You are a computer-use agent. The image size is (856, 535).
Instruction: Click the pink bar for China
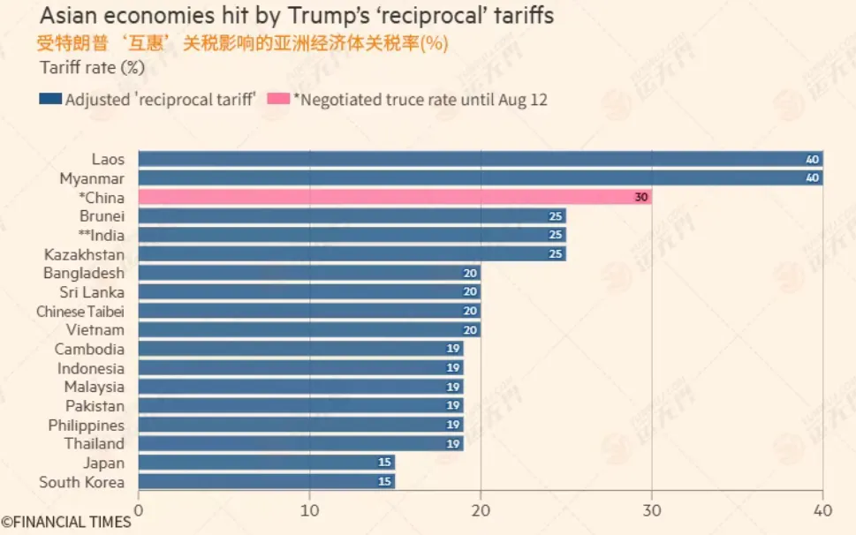pyautogui.click(x=395, y=197)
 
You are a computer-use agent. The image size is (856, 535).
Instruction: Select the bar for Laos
pyautogui.click(x=480, y=159)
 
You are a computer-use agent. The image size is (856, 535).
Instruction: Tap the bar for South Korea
pyautogui.click(x=266, y=481)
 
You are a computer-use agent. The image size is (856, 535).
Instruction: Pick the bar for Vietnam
pyautogui.click(x=309, y=329)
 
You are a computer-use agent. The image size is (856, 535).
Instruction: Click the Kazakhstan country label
pyautogui.click(x=84, y=254)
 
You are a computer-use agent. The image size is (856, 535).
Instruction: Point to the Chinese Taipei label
pyautogui.click(x=80, y=312)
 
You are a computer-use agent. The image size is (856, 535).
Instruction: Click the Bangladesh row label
pyautogui.click(x=84, y=273)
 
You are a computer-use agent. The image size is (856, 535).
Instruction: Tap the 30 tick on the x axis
pyautogui.click(x=652, y=511)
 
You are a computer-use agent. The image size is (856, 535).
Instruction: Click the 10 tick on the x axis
pyautogui.click(x=309, y=511)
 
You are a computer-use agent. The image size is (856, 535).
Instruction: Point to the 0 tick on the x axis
pyautogui.click(x=138, y=511)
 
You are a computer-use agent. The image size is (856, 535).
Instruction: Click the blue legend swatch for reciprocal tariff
pyautogui.click(x=49, y=100)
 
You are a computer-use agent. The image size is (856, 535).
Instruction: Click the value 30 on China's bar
pyautogui.click(x=641, y=198)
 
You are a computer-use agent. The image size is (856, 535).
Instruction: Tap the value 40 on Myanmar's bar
pyautogui.click(x=813, y=178)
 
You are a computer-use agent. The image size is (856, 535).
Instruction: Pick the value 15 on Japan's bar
pyautogui.click(x=384, y=463)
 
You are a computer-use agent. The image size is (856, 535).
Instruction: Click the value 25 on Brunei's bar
pyautogui.click(x=556, y=216)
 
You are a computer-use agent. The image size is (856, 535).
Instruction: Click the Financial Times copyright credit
pyautogui.click(x=66, y=522)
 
